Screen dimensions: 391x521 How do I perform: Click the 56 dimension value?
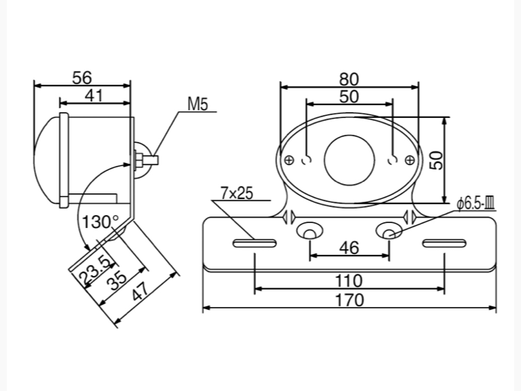coord(83,77)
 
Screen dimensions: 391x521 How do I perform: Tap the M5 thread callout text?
coord(197,104)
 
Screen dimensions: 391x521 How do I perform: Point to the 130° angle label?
coord(100,220)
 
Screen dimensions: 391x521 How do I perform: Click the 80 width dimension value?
coord(349,78)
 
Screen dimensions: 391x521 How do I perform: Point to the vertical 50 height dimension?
coord(435,160)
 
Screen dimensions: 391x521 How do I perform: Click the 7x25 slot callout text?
coord(236,193)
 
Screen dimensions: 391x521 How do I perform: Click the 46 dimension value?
coord(349,248)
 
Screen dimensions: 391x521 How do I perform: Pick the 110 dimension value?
coord(349,280)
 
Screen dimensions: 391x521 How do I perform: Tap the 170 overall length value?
coord(349,299)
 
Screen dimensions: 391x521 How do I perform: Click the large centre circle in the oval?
coord(350,159)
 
